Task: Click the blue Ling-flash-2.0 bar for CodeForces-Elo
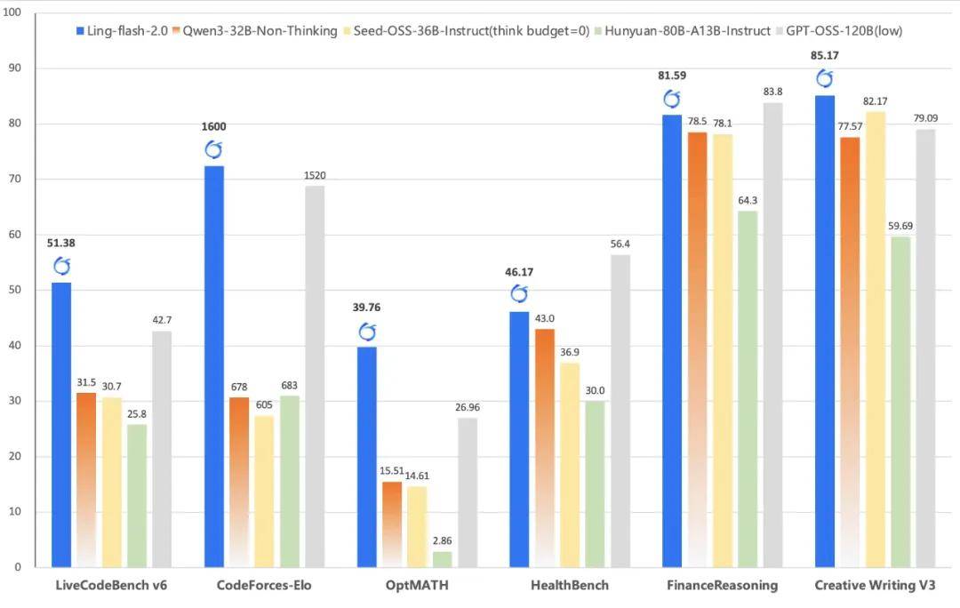[213, 366]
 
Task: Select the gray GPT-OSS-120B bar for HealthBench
[620, 411]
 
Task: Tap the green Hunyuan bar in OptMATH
[442, 559]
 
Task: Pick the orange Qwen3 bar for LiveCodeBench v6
[86, 479]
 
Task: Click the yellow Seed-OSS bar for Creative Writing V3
[876, 340]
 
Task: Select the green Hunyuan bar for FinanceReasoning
[748, 388]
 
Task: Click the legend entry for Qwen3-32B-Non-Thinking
[255, 30]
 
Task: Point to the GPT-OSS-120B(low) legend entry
[839, 30]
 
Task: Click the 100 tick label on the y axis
[12, 12]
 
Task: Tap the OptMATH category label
[417, 586]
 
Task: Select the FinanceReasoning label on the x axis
[723, 586]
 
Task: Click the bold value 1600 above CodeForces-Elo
[213, 127]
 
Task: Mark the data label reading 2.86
[442, 540]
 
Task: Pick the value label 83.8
[772, 92]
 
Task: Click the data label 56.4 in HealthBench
[620, 244]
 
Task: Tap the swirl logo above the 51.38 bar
[61, 267]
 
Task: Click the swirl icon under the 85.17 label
[825, 78]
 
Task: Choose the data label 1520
[315, 175]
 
